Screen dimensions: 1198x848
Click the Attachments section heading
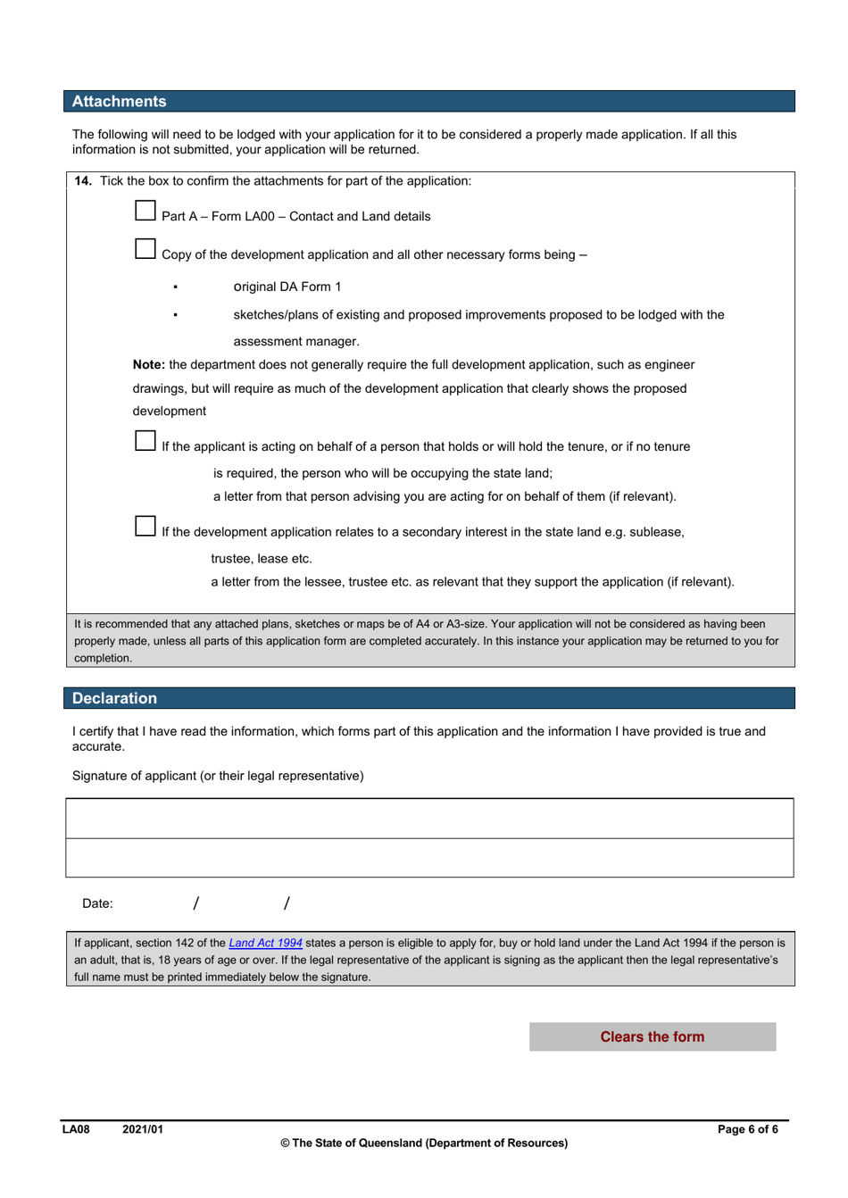(119, 102)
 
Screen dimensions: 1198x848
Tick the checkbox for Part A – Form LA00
(145, 211)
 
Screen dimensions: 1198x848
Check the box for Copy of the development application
(145, 249)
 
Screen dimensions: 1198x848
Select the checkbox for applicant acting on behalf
(145, 441)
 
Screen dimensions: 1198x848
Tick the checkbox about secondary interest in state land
(145, 527)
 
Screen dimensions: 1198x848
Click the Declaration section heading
(114, 698)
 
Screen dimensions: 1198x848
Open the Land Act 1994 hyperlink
(265, 943)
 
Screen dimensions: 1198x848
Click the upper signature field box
(429, 819)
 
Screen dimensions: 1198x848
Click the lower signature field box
(429, 858)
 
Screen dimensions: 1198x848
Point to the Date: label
(97, 903)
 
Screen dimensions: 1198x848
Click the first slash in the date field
(195, 903)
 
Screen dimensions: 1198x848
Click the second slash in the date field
(286, 903)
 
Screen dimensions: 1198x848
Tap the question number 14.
(83, 181)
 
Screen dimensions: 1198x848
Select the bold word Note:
(149, 365)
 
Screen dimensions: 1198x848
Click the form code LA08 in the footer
(76, 1129)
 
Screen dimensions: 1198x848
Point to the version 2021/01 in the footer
(143, 1129)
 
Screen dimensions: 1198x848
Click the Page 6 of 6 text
(747, 1129)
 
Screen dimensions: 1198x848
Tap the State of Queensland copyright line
(424, 1143)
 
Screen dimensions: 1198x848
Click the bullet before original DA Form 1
(176, 287)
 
